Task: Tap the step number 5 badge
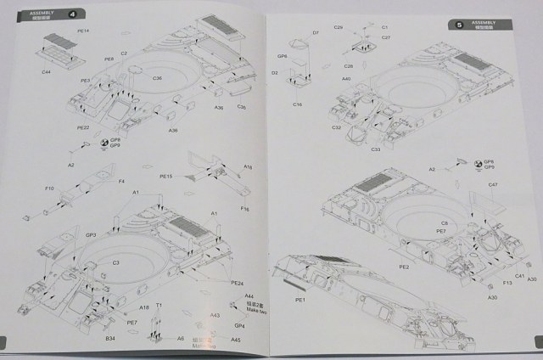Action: pos(459,25)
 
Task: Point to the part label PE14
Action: pos(83,31)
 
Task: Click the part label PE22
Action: pos(83,127)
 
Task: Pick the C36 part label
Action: pos(158,78)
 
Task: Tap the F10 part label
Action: pos(48,188)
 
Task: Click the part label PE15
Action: pos(166,176)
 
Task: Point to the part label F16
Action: pos(244,208)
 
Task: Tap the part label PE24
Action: pos(237,283)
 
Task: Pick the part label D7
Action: pos(315,33)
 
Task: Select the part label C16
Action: pos(298,104)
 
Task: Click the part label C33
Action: pos(374,149)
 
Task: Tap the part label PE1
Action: pos(299,300)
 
